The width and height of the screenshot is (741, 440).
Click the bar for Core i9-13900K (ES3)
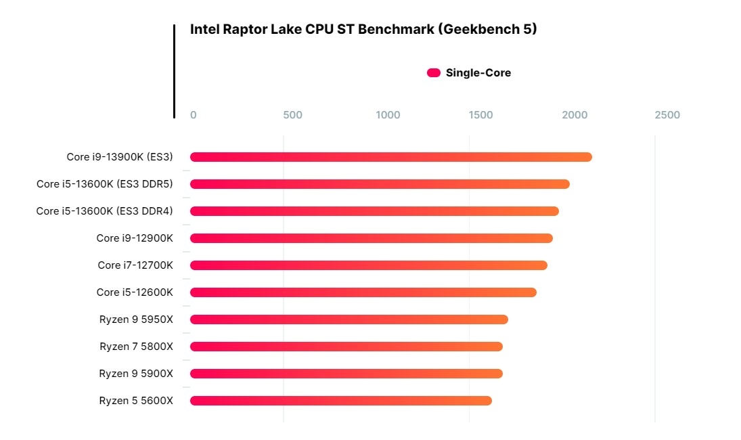391,157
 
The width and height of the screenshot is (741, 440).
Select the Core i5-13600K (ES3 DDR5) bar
380,184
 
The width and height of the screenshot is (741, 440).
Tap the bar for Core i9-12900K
372,238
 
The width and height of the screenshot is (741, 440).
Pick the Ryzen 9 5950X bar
349,320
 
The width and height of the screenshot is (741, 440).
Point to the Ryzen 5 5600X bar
341,401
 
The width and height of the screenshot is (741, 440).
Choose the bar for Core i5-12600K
363,292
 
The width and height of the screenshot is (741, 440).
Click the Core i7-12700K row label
135,265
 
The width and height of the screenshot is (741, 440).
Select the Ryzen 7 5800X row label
136,347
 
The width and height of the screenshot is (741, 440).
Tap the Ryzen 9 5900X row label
136,374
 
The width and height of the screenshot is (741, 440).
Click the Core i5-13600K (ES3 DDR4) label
104,211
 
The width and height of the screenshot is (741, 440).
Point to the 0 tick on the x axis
194,115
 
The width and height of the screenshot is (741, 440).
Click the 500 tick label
292,115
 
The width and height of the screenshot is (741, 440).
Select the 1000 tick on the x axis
388,115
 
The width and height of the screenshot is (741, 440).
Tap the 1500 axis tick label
481,115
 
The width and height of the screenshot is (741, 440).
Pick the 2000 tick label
575,115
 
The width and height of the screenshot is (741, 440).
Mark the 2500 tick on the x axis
667,115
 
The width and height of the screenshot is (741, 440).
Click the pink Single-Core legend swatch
434,73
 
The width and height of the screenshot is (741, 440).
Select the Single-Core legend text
478,73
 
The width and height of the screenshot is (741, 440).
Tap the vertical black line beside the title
174,71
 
